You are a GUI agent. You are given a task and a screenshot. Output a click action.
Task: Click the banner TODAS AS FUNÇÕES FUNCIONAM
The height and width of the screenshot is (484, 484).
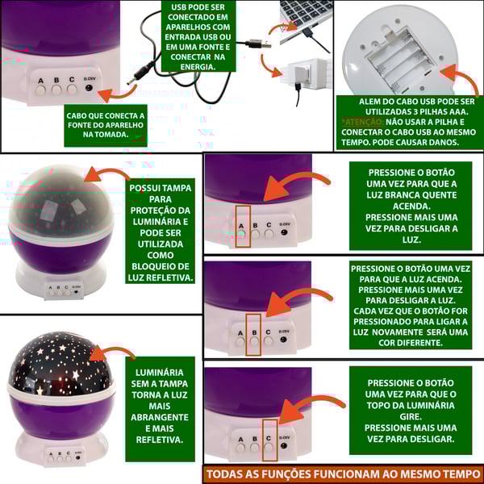click(x=343, y=474)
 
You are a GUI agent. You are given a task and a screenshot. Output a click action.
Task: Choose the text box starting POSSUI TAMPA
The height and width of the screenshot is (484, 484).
click(x=161, y=233)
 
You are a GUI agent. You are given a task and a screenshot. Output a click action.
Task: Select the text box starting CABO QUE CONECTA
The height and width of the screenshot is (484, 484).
click(x=106, y=125)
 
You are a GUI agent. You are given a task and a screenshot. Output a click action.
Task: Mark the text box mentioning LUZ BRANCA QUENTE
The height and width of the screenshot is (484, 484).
click(x=410, y=206)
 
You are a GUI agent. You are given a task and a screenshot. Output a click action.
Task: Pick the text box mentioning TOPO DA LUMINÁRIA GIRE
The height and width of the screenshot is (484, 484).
click(x=410, y=411)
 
